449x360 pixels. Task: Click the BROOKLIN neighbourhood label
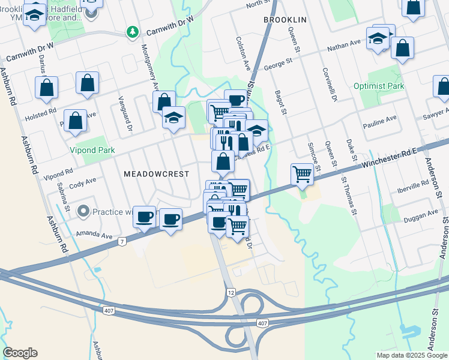click(285, 20)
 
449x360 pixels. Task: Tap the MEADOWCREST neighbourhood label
click(156, 173)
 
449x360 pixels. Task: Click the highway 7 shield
click(122, 241)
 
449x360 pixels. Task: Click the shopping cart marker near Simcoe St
click(302, 175)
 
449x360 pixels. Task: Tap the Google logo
click(20, 353)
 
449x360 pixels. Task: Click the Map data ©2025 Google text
click(411, 355)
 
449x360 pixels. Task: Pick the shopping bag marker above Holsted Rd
click(46, 88)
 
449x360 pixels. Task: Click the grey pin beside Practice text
click(83, 211)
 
